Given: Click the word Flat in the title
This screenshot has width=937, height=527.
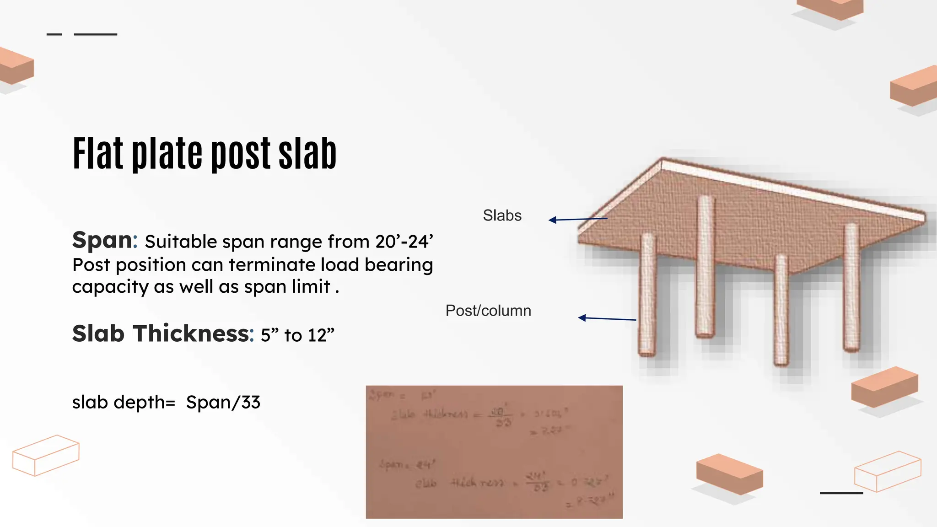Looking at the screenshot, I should [98, 154].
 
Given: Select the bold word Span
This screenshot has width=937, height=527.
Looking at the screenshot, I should [102, 240].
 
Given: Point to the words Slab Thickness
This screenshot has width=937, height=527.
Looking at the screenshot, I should [161, 333].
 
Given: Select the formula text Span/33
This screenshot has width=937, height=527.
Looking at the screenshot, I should [223, 403].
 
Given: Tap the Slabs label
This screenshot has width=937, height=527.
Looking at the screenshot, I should [502, 215].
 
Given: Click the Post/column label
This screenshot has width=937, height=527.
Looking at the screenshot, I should [488, 311].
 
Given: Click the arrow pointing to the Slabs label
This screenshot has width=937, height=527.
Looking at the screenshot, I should [577, 220].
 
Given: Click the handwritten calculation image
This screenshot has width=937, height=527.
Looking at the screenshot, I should [494, 452].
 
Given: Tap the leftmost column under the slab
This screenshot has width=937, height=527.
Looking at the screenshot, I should [647, 295].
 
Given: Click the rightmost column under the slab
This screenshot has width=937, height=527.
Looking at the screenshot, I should [851, 288].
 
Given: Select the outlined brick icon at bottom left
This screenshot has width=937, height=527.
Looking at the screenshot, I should [46, 455].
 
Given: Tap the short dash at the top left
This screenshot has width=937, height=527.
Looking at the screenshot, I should [54, 34].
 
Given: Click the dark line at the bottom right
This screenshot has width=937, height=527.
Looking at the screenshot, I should [841, 493].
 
